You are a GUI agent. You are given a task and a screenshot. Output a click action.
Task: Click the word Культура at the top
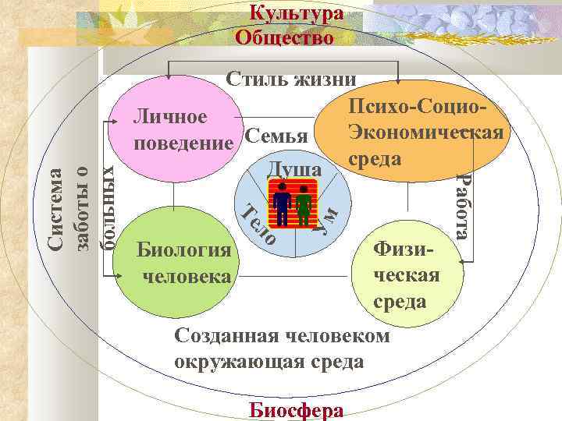click(296, 14)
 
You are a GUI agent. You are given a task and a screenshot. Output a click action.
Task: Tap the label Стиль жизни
click(291, 79)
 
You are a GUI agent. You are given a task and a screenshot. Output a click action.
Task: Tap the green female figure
click(304, 206)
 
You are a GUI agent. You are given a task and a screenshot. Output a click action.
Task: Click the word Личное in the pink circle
click(169, 117)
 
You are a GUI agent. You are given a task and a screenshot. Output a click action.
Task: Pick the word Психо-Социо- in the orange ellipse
click(418, 107)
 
